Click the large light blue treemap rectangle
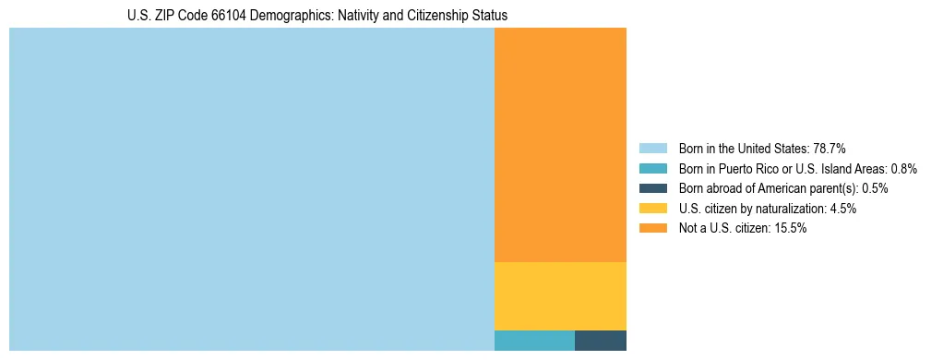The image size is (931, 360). (251, 189)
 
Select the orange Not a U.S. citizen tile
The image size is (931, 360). (560, 145)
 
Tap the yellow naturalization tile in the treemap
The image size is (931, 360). (560, 295)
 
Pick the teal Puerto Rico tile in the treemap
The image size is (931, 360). (534, 340)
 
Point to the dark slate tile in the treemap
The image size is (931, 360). (600, 340)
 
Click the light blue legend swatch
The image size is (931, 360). (652, 149)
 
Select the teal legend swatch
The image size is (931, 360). (652, 169)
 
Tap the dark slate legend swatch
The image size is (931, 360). (652, 188)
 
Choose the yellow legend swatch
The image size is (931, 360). (652, 209)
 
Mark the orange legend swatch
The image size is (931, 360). (652, 228)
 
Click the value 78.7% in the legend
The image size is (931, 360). (829, 149)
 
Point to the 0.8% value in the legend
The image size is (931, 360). (903, 169)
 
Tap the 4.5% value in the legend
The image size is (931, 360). (842, 209)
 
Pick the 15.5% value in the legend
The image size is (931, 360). (791, 228)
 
